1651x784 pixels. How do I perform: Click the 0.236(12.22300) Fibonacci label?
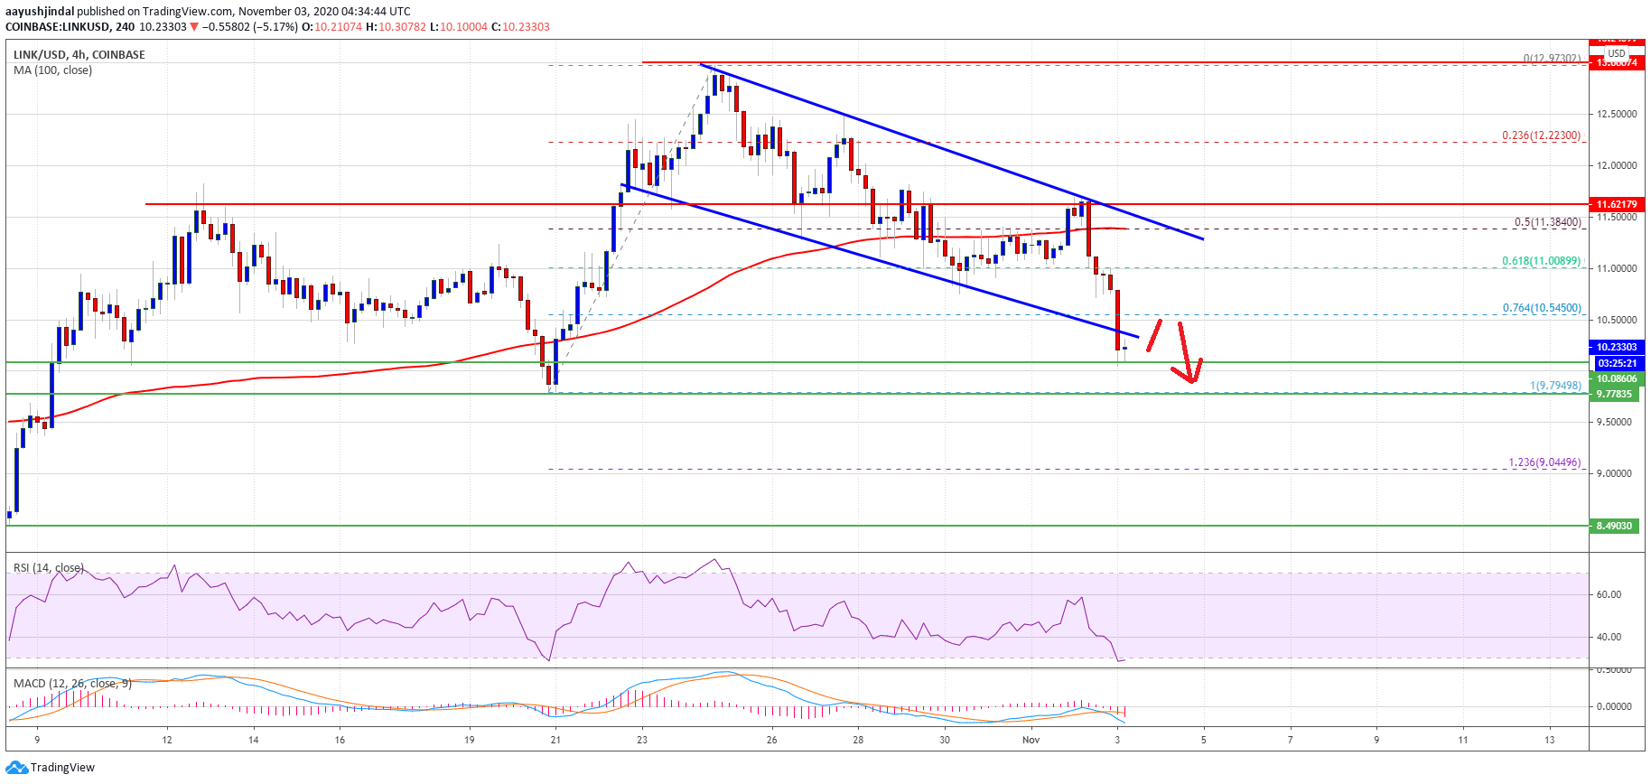(x=1541, y=135)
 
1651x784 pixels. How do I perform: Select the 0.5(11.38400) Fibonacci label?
(x=1547, y=222)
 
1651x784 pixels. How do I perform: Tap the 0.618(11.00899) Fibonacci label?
(x=1541, y=261)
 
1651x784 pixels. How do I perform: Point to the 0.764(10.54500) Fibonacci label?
(x=1541, y=308)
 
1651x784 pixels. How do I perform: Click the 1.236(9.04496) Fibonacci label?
(x=1544, y=462)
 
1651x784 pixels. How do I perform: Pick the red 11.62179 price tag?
(x=1616, y=205)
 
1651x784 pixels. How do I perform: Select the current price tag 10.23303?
(x=1616, y=347)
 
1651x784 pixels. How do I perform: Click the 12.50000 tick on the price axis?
(x=1617, y=114)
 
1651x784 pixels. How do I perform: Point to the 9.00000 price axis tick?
(x=1617, y=473)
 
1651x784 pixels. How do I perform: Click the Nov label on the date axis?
(x=1031, y=740)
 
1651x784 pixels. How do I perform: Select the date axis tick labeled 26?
(x=771, y=740)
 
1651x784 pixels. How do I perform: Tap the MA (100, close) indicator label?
(x=52, y=70)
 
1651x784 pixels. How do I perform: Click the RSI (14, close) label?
(x=49, y=568)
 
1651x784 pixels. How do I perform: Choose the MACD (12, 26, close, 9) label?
(x=72, y=684)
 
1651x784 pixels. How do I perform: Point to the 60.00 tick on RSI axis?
(x=1609, y=594)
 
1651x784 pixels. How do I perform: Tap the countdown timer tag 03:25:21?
(x=1616, y=363)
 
